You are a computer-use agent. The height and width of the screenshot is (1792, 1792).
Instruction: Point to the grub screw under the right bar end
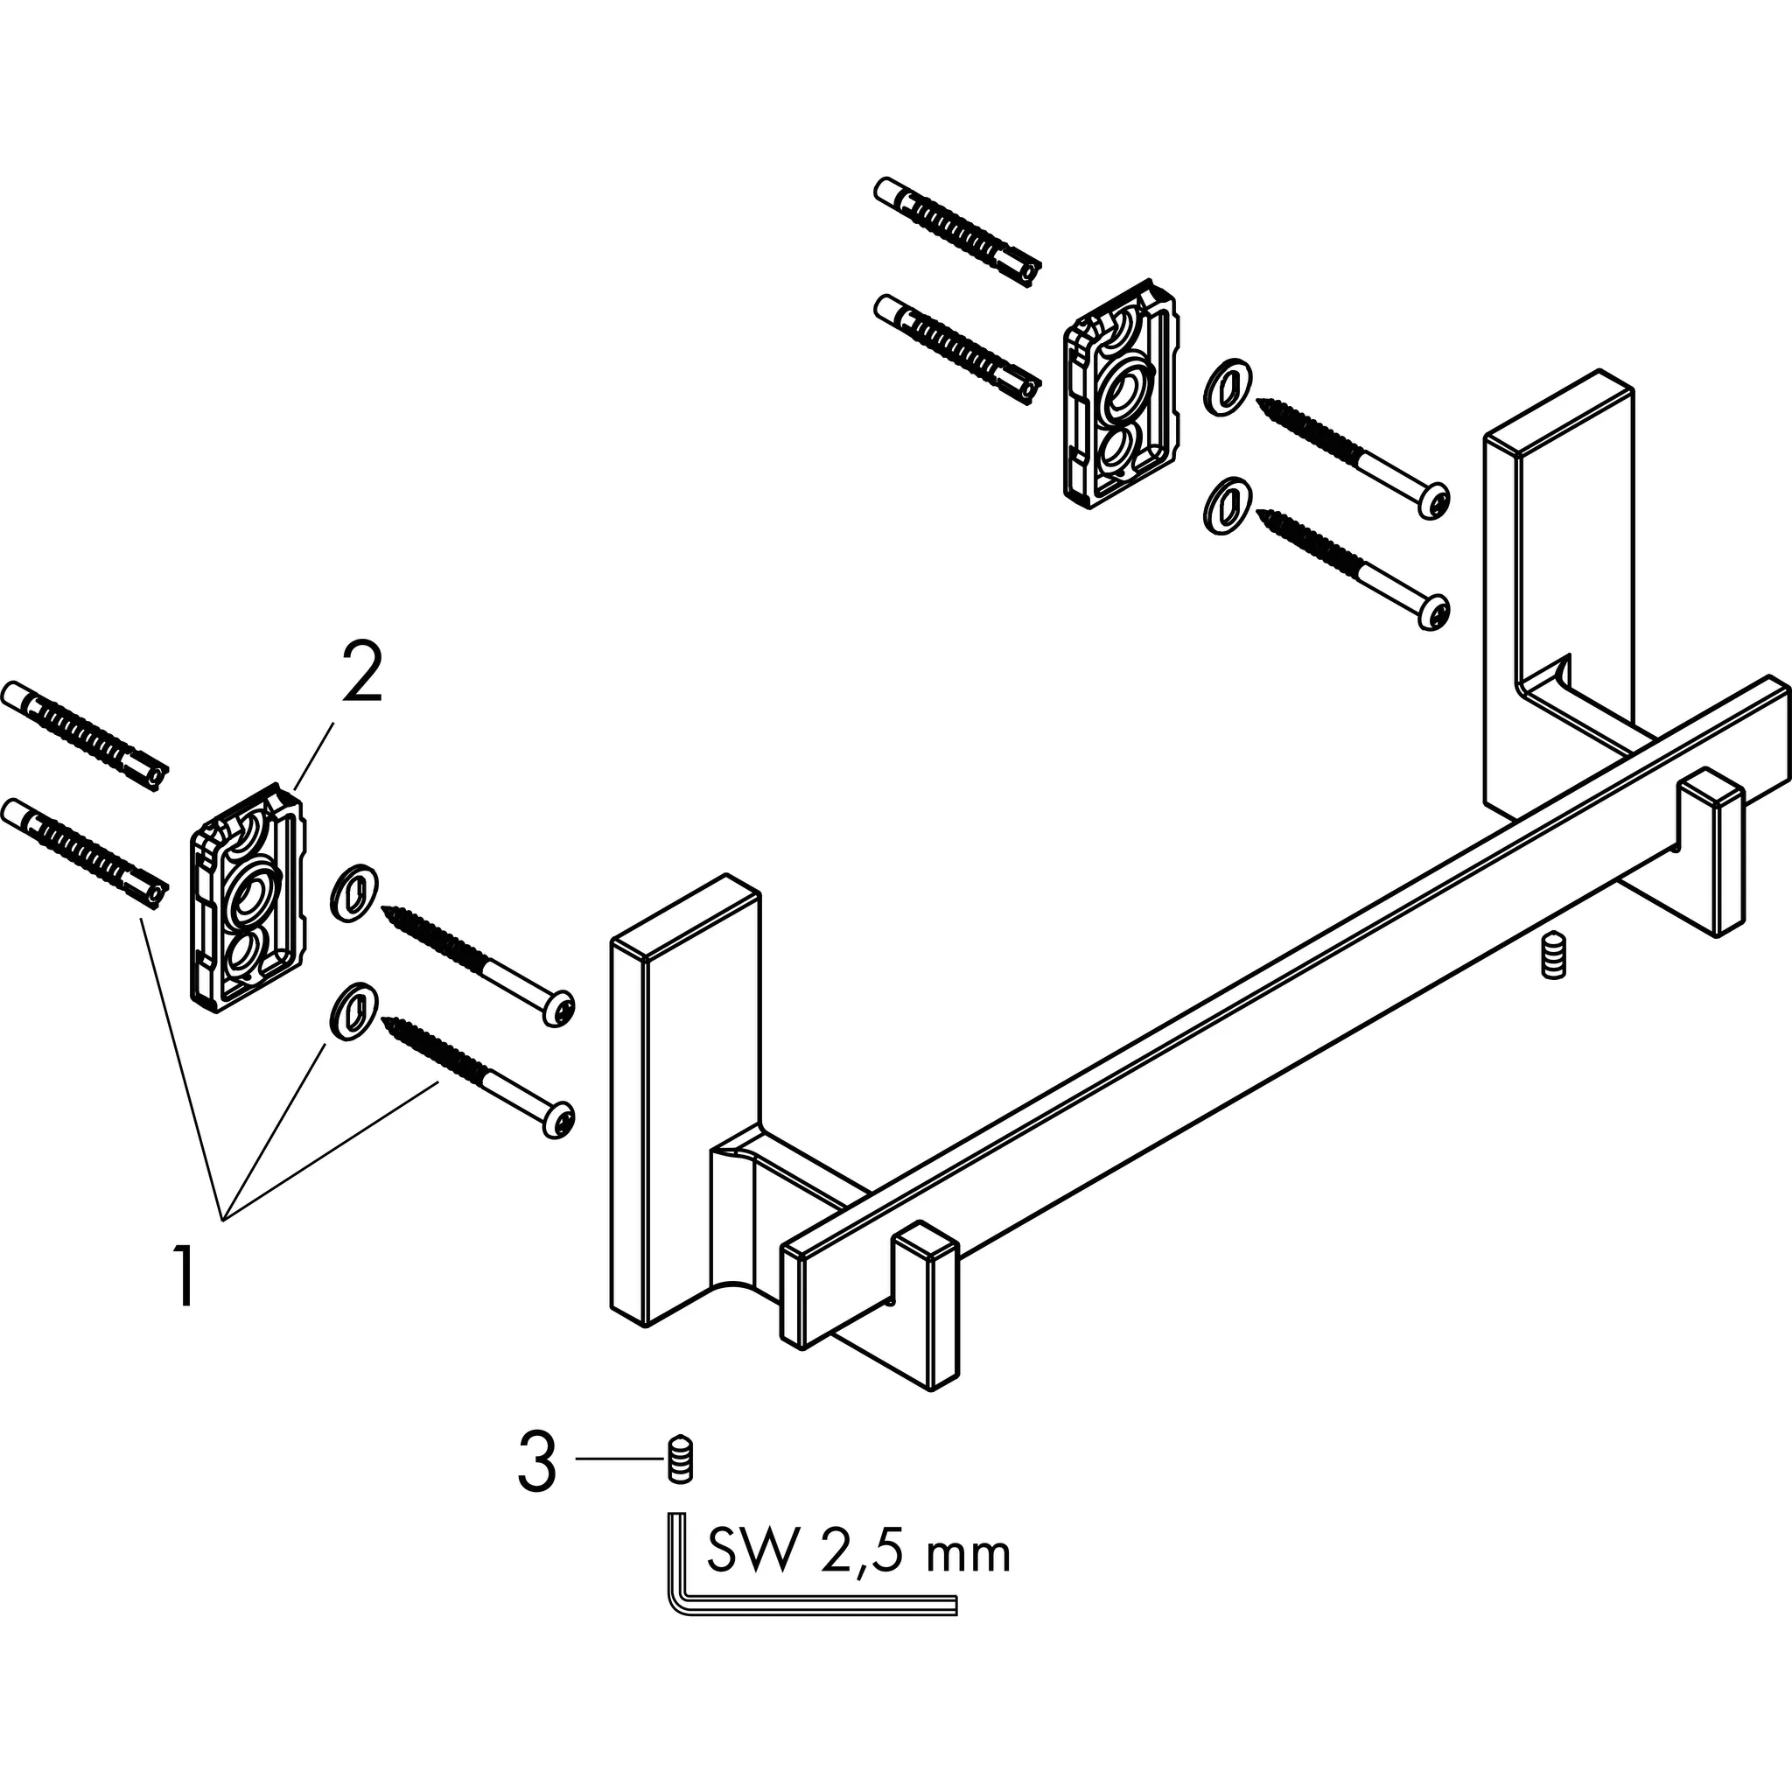[1551, 957]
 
